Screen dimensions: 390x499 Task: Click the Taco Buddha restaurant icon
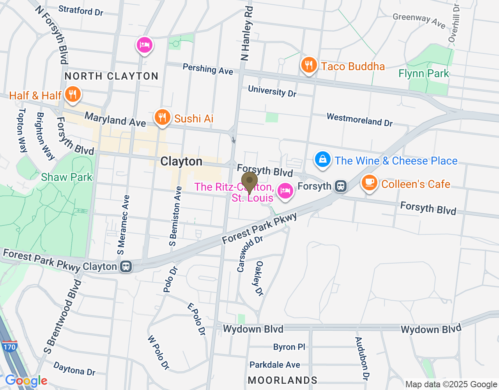tap(309, 65)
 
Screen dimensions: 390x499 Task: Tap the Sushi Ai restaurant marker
tap(162, 117)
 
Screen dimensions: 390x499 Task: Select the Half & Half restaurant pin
tap(73, 94)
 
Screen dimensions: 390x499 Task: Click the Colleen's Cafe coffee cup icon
tap(369, 183)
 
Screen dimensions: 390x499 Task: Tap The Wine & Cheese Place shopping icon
tap(323, 160)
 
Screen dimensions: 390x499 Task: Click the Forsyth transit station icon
tap(341, 186)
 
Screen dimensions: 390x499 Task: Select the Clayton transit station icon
tap(126, 267)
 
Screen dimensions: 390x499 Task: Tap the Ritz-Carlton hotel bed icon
tap(285, 191)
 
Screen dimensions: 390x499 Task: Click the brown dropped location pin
tap(249, 181)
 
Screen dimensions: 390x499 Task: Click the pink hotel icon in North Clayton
tap(145, 45)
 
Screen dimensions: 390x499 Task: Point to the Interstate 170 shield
tap(9, 346)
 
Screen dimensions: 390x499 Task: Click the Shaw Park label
tap(67, 177)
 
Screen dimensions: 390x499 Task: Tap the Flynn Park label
tap(424, 73)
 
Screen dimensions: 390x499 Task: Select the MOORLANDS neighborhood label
tap(283, 380)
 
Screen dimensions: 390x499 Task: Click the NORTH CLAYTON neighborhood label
tap(111, 76)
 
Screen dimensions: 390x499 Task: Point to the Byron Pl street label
tap(289, 347)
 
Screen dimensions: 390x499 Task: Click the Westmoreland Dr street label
tap(359, 120)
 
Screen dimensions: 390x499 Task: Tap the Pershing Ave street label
tap(208, 69)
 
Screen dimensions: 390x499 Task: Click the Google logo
tap(26, 381)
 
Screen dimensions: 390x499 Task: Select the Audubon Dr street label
tap(362, 358)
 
